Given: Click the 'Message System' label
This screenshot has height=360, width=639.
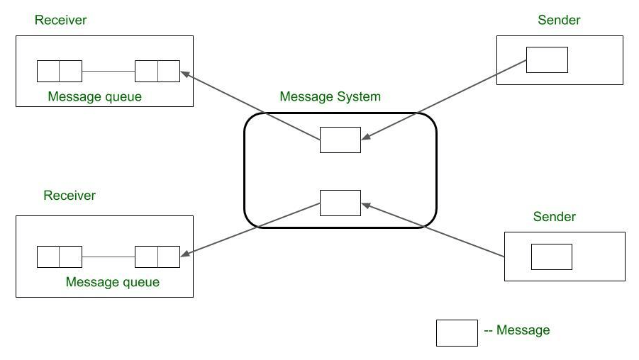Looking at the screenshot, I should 330,96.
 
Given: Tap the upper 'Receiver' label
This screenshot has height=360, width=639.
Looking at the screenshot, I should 60,20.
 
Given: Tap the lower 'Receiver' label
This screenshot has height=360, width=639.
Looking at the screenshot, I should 69,195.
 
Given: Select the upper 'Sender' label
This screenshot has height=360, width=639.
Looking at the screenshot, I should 559,20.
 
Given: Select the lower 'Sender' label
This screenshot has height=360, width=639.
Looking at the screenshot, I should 554,216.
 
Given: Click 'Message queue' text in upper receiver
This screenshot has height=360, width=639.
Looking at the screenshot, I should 94,96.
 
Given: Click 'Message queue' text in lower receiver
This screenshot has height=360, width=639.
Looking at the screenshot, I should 112,282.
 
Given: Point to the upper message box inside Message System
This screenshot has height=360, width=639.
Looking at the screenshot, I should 340,140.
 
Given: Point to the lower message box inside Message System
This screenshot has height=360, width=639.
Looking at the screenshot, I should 340,203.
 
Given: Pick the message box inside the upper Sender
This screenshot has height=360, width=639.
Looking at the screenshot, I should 547,60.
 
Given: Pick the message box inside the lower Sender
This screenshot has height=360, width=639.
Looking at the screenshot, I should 551,257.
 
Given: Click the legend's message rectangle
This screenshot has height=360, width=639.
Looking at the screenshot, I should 456,332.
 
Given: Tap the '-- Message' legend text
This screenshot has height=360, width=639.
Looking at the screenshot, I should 516,330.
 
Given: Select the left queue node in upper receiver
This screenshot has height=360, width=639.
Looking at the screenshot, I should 60,72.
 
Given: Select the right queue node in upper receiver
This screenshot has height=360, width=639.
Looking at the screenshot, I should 157,72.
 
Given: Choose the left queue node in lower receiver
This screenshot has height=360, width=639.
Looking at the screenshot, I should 60,257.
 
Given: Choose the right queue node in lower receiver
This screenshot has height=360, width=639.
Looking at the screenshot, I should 157,257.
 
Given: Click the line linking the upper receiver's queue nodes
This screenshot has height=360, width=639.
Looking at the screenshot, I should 109,72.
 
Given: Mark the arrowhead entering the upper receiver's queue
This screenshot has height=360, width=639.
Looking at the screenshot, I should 184,73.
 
